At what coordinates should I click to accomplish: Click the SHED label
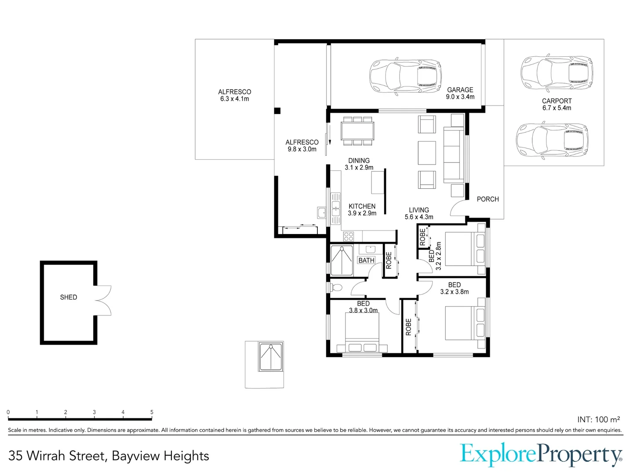(x=69, y=297)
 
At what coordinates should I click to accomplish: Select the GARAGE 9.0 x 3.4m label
(x=460, y=93)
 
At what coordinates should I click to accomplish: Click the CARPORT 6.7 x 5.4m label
(x=557, y=104)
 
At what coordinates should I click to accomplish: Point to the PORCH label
(x=487, y=199)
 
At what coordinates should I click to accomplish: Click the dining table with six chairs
(x=357, y=131)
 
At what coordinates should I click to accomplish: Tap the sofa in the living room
(x=453, y=154)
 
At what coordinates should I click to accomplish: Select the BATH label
(x=366, y=260)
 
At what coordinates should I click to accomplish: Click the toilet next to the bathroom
(x=337, y=288)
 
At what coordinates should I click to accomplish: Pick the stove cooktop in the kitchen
(x=348, y=236)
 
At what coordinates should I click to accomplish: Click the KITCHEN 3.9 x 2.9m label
(x=362, y=210)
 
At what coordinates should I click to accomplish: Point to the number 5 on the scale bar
(x=152, y=412)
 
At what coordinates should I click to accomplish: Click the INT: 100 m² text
(x=598, y=420)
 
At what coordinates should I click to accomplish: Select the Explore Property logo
(x=541, y=455)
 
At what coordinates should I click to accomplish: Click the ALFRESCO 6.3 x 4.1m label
(x=234, y=95)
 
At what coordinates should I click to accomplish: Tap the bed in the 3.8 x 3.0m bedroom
(x=362, y=334)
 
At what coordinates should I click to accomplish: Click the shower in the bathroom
(x=342, y=260)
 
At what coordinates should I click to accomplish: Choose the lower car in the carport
(x=552, y=141)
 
